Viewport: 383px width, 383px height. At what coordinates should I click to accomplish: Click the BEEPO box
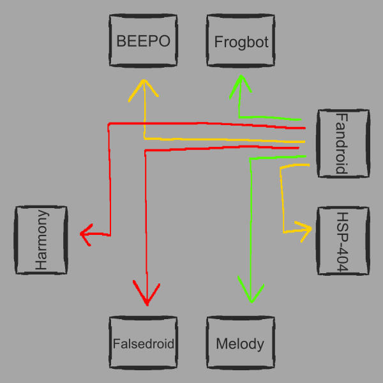pos(144,41)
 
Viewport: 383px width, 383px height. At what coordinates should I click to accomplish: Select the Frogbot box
pos(241,41)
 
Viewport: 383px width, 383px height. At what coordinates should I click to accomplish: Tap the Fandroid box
pos(343,143)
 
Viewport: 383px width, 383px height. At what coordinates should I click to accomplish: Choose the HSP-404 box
pos(343,241)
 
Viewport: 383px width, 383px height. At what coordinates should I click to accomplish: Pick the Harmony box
pos(41,240)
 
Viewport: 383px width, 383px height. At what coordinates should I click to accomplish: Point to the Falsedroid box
pos(143,343)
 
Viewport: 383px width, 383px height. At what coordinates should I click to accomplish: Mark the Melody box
pos(241,343)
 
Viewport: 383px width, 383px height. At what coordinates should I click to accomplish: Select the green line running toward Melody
pos(250,223)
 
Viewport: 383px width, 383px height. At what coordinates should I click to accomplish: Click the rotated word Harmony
pos(41,240)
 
